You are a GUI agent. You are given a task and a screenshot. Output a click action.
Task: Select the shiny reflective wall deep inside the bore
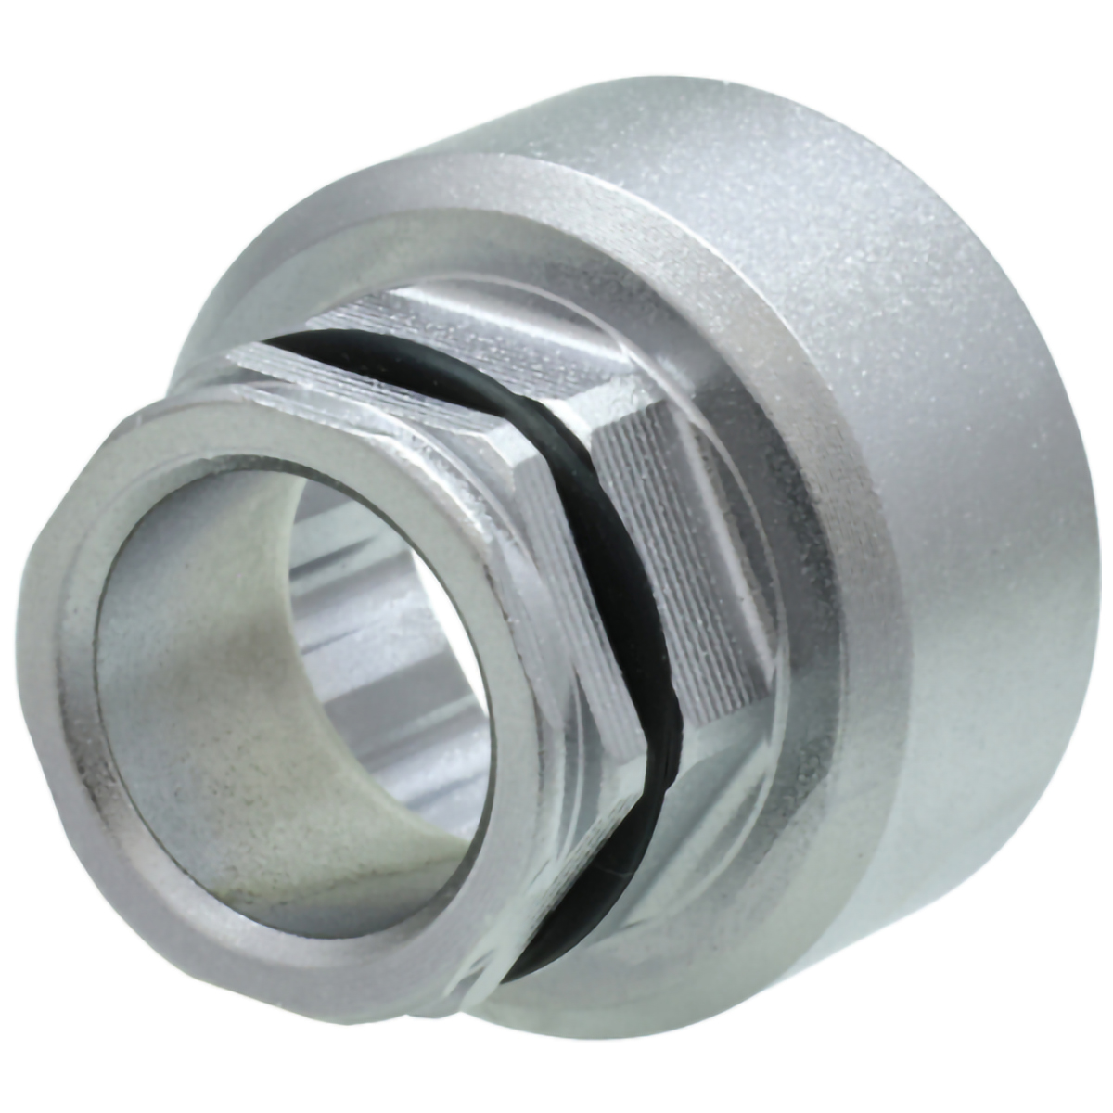click(x=390, y=649)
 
